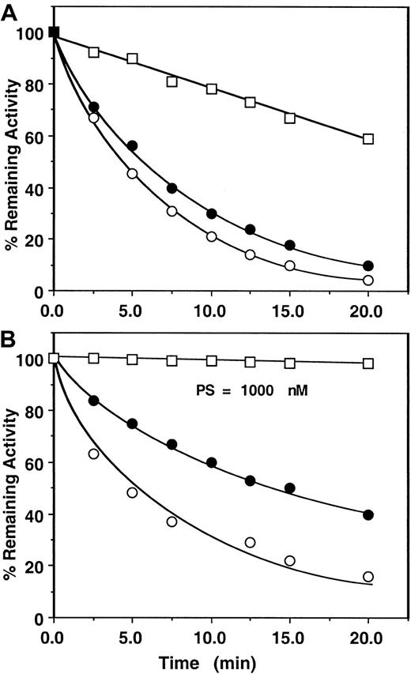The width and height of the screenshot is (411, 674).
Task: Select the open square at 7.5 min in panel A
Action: (x=172, y=81)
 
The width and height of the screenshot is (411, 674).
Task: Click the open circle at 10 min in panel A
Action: (x=211, y=237)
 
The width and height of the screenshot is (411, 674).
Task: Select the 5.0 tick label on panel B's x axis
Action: (x=132, y=636)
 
